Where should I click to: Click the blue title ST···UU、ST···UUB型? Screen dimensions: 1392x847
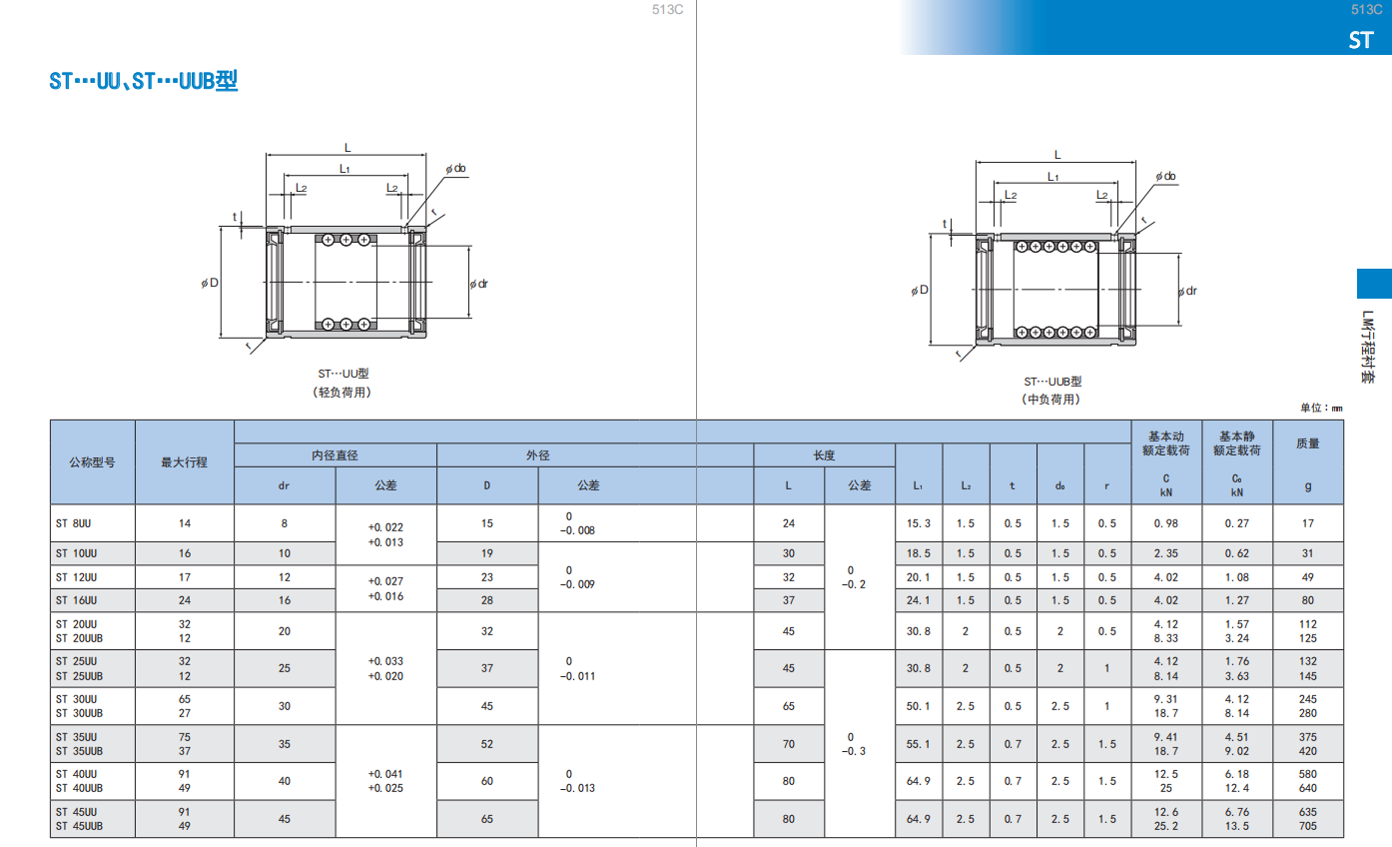click(144, 81)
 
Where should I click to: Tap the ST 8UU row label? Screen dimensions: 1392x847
click(73, 523)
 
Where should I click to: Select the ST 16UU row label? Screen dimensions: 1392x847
click(76, 600)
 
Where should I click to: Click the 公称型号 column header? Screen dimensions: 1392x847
click(92, 462)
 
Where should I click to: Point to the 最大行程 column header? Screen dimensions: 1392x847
click(184, 462)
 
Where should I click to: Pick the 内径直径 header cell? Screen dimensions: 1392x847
click(335, 455)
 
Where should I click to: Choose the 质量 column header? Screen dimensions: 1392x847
click(1308, 443)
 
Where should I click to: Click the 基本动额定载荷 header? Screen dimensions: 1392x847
click(1165, 443)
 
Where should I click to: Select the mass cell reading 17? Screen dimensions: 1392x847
click(1308, 523)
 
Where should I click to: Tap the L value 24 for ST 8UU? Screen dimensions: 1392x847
click(789, 523)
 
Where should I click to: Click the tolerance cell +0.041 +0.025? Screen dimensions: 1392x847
click(385, 781)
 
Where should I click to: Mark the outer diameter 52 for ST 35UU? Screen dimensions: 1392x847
click(487, 744)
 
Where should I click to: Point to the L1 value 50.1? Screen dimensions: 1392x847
click(918, 706)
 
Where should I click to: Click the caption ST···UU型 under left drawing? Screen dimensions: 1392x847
click(344, 374)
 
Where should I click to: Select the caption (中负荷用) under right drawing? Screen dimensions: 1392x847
click(1050, 399)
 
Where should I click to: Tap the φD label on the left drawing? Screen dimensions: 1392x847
click(210, 283)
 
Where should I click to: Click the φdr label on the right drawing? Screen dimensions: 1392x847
click(1187, 291)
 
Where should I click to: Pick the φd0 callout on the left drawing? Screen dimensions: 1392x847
click(455, 169)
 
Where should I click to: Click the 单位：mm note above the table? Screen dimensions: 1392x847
click(1321, 408)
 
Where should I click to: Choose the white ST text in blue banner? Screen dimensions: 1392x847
click(1360, 40)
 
